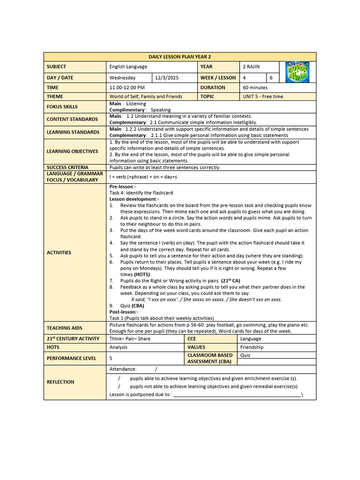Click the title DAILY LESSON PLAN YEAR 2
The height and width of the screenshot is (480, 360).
[x=180, y=57]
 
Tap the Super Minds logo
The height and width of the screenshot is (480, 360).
[x=297, y=71]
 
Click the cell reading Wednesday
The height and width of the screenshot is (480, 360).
[x=122, y=78]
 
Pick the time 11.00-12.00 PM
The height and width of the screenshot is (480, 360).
[x=127, y=88]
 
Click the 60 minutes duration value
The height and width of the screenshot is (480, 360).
[x=255, y=88]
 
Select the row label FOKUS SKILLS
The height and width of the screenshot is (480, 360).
[x=62, y=107]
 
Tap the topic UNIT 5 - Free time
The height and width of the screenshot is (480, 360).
[x=263, y=97]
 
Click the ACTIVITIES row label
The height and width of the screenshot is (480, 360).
[x=59, y=253]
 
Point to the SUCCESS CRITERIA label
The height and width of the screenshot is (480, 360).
[x=67, y=167]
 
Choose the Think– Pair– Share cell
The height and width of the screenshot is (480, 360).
[x=130, y=338]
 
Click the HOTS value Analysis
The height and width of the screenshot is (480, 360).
[x=119, y=347]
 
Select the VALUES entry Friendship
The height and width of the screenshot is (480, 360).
[x=252, y=347]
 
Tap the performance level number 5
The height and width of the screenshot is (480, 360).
[x=111, y=358]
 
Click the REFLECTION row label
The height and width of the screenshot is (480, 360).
[x=60, y=382]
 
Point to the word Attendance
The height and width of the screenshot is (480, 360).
[x=123, y=369]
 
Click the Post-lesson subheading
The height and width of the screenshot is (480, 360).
[x=123, y=312]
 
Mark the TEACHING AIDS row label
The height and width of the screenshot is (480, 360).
[x=65, y=328]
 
